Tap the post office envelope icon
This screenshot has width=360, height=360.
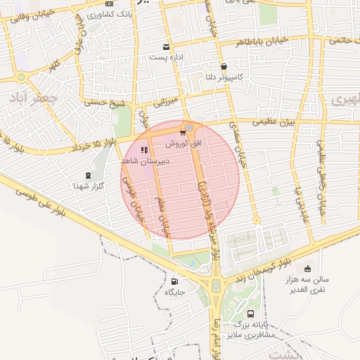pos(167,47)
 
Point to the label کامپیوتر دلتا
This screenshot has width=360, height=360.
pos(222,77)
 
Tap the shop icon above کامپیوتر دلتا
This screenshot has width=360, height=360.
pos(223,67)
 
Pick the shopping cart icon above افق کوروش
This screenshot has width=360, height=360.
pos(183,132)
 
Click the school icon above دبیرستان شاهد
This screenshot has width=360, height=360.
pos(144,150)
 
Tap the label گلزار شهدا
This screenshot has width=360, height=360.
pos(89,186)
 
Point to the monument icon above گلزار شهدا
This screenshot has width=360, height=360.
pos(88,175)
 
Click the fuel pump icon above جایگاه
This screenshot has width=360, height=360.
pos(174,281)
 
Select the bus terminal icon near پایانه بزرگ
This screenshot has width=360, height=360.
pos(251,314)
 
